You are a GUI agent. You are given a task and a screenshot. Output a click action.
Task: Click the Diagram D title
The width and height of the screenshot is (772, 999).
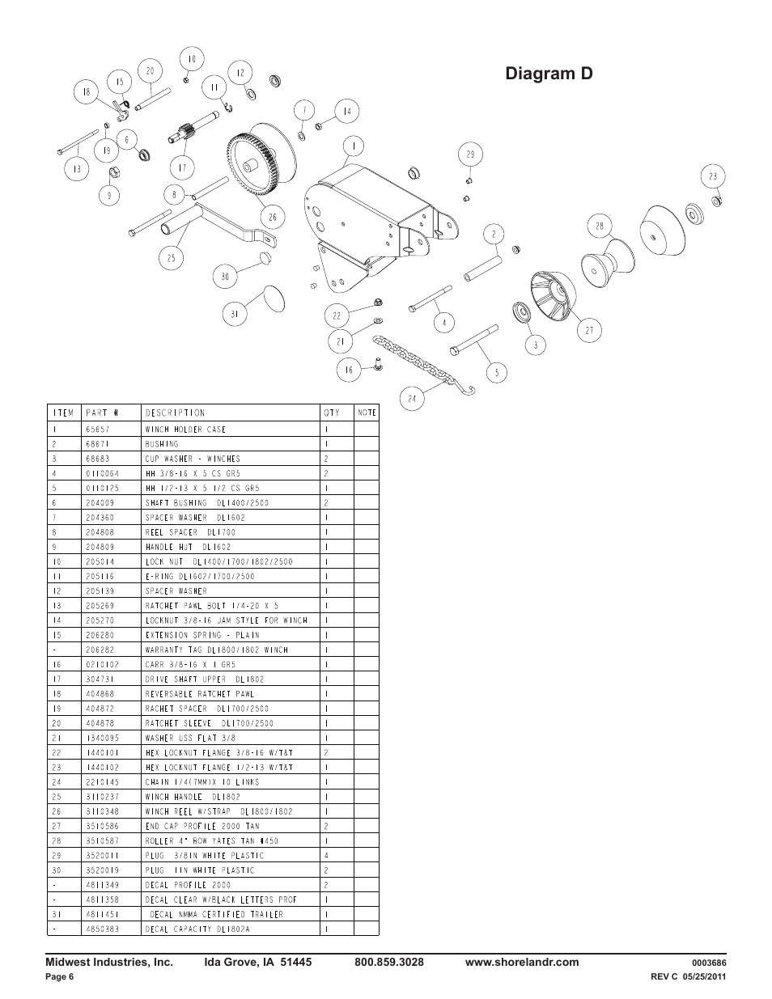548,74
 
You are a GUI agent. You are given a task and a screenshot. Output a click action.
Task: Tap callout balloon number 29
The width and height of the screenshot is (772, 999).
469,154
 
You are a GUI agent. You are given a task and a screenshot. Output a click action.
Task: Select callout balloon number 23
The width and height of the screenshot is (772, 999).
712,176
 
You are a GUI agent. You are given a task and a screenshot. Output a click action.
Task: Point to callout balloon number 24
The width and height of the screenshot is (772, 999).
412,398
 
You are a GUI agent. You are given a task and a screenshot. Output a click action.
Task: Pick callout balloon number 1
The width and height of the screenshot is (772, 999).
353,146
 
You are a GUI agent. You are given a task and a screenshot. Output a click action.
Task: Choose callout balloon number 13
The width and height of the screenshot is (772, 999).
77,169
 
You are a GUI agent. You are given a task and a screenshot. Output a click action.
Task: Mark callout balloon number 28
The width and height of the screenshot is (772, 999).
600,226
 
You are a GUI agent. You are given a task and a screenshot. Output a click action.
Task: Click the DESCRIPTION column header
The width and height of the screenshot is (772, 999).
175,413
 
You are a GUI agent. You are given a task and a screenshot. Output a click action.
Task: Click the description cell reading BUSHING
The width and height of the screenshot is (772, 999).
162,444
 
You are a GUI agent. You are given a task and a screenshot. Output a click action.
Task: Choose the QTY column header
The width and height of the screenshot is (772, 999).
332,413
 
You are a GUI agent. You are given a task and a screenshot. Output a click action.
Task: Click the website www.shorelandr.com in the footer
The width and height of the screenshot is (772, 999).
522,963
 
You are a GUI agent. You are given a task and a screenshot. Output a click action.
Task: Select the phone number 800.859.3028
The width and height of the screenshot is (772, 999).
389,963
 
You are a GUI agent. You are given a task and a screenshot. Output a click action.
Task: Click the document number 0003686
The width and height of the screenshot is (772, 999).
709,963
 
